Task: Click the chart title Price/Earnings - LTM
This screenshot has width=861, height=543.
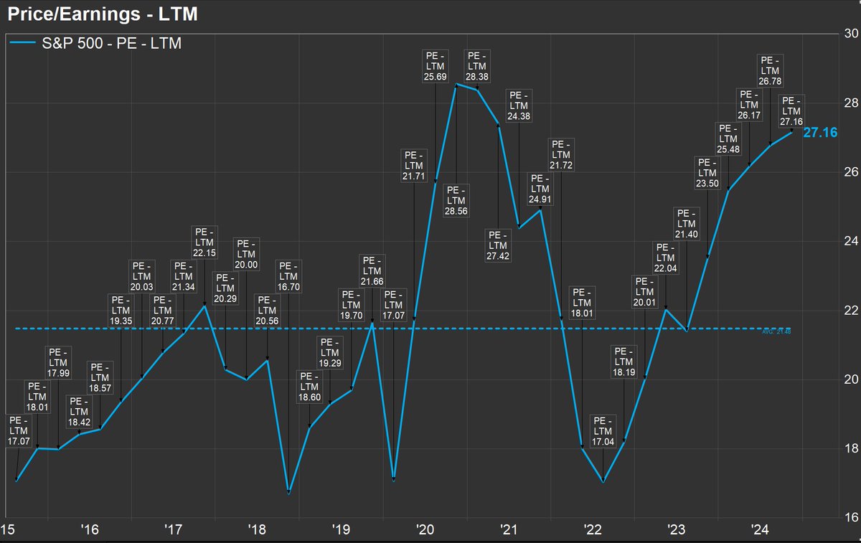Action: tap(103, 14)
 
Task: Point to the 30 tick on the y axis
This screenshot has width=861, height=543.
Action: tap(851, 34)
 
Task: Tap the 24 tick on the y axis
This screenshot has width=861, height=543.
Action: tap(851, 241)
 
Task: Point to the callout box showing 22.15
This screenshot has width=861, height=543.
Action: tap(204, 244)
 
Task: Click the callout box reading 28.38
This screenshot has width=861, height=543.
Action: tap(477, 67)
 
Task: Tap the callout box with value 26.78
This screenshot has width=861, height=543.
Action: tap(770, 71)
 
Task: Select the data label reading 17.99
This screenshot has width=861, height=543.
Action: tap(58, 363)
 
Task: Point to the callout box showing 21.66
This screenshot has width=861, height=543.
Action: tap(372, 272)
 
